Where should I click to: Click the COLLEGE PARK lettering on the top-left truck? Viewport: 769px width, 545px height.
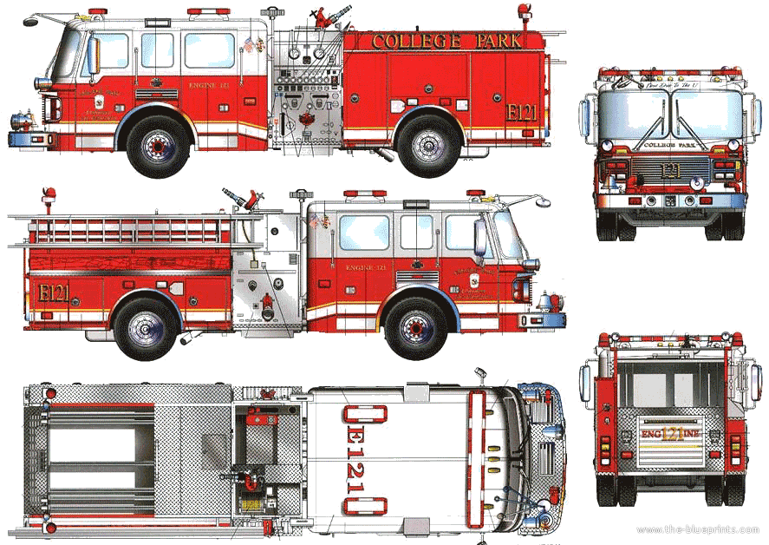tap(446, 41)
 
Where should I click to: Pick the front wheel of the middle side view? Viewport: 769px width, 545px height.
tap(416, 327)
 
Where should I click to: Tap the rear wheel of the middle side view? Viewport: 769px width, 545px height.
tap(144, 327)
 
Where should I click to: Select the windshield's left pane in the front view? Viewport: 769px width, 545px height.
tap(631, 115)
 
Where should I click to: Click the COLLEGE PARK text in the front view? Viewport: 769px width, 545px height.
tap(669, 145)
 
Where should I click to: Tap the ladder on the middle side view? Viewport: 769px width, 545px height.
tap(130, 230)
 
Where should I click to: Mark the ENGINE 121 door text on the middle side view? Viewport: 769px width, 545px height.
tap(365, 268)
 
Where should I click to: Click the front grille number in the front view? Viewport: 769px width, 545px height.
tap(668, 170)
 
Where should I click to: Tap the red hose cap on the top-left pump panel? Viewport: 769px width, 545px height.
tap(304, 119)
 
